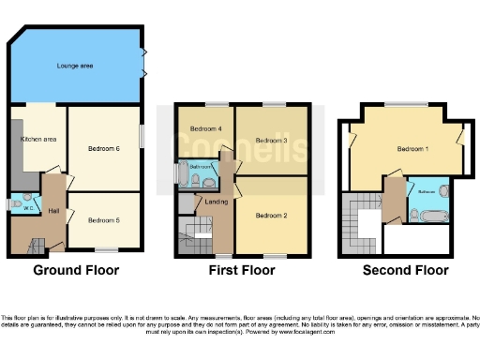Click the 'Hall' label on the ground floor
[x=53, y=211]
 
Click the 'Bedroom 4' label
[x=204, y=127]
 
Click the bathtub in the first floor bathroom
[x=183, y=175]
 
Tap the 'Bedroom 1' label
[x=412, y=149]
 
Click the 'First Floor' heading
[x=242, y=270]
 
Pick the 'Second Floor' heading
[x=406, y=270]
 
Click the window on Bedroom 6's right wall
[x=142, y=136]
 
